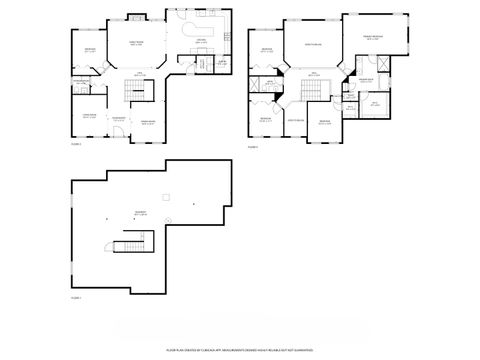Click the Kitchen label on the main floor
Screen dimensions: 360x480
[201, 40]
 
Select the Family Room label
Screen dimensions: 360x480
[136, 43]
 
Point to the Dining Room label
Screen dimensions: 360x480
[147, 121]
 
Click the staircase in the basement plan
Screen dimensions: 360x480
[130, 245]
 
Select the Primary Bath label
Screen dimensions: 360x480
[367, 80]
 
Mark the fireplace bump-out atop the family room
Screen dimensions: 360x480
[138, 14]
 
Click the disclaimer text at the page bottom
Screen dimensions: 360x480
[240, 351]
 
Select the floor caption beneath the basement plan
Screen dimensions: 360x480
[76, 298]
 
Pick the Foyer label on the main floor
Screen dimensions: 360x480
[118, 119]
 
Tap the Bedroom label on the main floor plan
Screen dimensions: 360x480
[89, 50]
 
